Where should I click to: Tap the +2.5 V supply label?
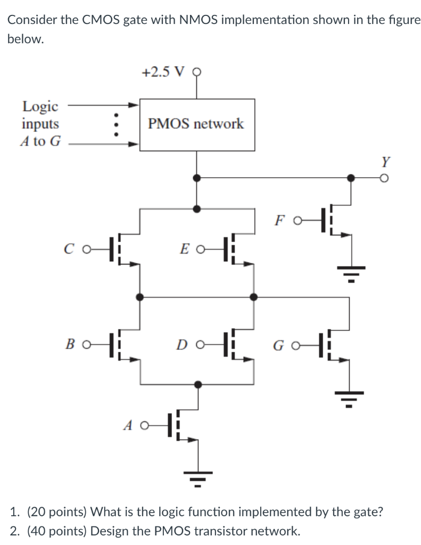[x=163, y=72]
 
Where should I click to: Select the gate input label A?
[x=128, y=425]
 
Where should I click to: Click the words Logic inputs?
[x=40, y=115]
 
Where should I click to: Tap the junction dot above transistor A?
[x=199, y=383]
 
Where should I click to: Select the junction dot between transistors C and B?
[x=139, y=297]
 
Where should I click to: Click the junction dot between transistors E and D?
[x=254, y=297]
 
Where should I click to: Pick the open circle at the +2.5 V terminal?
[x=198, y=73]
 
